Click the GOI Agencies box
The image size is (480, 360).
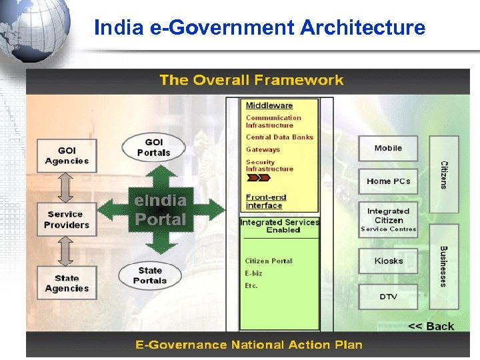67,156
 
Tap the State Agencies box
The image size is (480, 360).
67,283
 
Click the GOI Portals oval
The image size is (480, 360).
153,147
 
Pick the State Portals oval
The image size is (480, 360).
150,275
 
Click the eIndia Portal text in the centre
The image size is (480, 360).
161,209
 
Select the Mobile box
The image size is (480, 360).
388,148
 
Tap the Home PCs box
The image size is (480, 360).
388,181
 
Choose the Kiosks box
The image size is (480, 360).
388,261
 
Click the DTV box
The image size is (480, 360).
388,296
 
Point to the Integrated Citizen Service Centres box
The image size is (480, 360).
388,220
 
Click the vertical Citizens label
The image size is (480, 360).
444,175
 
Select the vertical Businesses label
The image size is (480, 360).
444,266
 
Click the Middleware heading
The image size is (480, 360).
269,105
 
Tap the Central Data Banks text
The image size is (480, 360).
279,137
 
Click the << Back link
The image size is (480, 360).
431,326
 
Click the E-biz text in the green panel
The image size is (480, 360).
254,273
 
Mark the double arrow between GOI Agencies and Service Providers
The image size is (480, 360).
66,188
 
